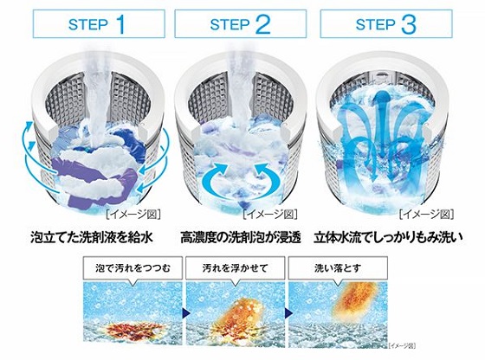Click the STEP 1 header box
pos(99,23)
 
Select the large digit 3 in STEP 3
pos(409,24)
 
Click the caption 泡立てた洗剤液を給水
pos(92,237)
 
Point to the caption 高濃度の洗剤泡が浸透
pos(241,237)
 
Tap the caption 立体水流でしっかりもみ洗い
pos(388,237)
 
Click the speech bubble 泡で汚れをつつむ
pos(133,269)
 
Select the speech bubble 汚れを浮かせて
pos(235,269)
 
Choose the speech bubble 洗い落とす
pos(338,269)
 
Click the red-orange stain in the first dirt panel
pos(133,330)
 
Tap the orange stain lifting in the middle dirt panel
pos(238,318)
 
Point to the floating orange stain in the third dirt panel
pos(356,301)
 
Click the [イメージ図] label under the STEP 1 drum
pos(133,215)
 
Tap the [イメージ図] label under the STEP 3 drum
pos(426,215)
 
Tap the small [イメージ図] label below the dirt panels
pos(402,345)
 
